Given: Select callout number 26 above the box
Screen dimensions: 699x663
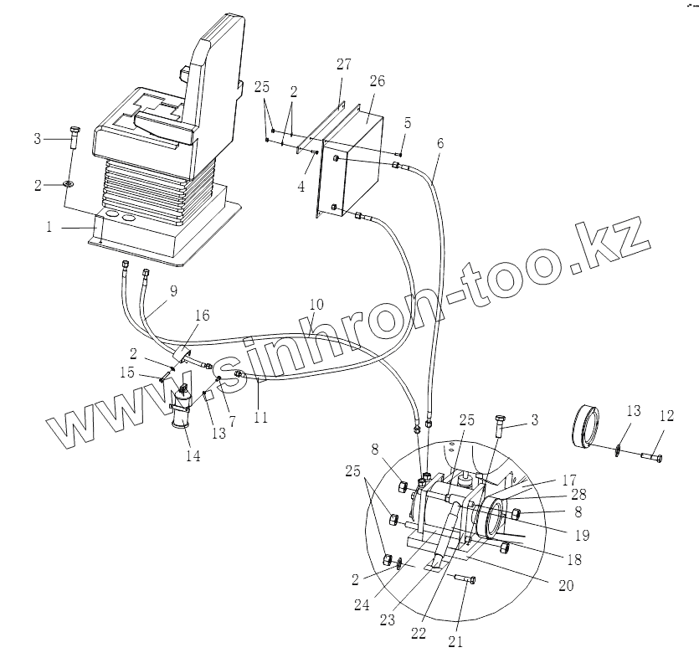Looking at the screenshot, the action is pyautogui.click(x=376, y=81).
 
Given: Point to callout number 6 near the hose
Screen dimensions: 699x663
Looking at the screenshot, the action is pyautogui.click(x=440, y=142).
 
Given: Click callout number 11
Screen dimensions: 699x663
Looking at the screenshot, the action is pyautogui.click(x=261, y=416).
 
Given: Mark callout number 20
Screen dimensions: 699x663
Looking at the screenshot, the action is pyautogui.click(x=566, y=586).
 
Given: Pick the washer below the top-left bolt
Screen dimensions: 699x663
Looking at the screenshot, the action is pyautogui.click(x=67, y=184).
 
